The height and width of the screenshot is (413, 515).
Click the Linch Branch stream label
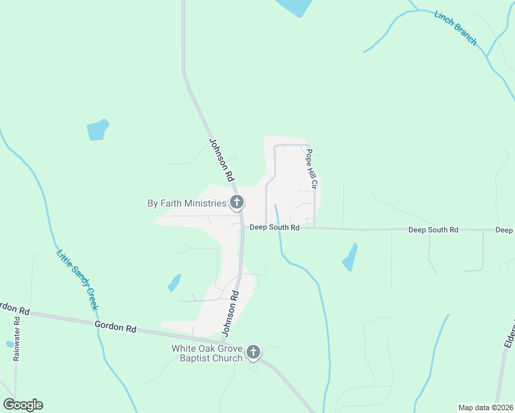(455, 28)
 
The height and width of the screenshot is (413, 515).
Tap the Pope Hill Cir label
(311, 169)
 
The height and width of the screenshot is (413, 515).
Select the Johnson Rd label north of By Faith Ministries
(221, 160)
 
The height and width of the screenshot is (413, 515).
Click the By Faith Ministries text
(187, 203)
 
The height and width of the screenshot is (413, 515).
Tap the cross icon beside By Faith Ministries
(237, 202)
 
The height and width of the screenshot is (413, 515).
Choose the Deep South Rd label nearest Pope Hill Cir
(274, 227)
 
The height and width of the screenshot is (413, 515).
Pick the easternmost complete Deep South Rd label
(433, 229)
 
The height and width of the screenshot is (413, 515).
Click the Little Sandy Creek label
(78, 279)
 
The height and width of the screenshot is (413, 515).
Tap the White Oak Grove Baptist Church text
(207, 353)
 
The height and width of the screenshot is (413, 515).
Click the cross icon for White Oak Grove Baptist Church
(253, 353)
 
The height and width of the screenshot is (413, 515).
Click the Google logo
(23, 405)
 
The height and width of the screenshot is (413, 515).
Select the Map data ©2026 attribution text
(485, 407)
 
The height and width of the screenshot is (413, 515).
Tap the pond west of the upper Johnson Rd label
(97, 129)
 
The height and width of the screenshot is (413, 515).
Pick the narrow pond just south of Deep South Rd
(350, 257)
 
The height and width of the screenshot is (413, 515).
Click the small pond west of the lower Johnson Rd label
(174, 283)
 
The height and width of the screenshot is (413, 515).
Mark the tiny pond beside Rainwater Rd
(9, 343)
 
